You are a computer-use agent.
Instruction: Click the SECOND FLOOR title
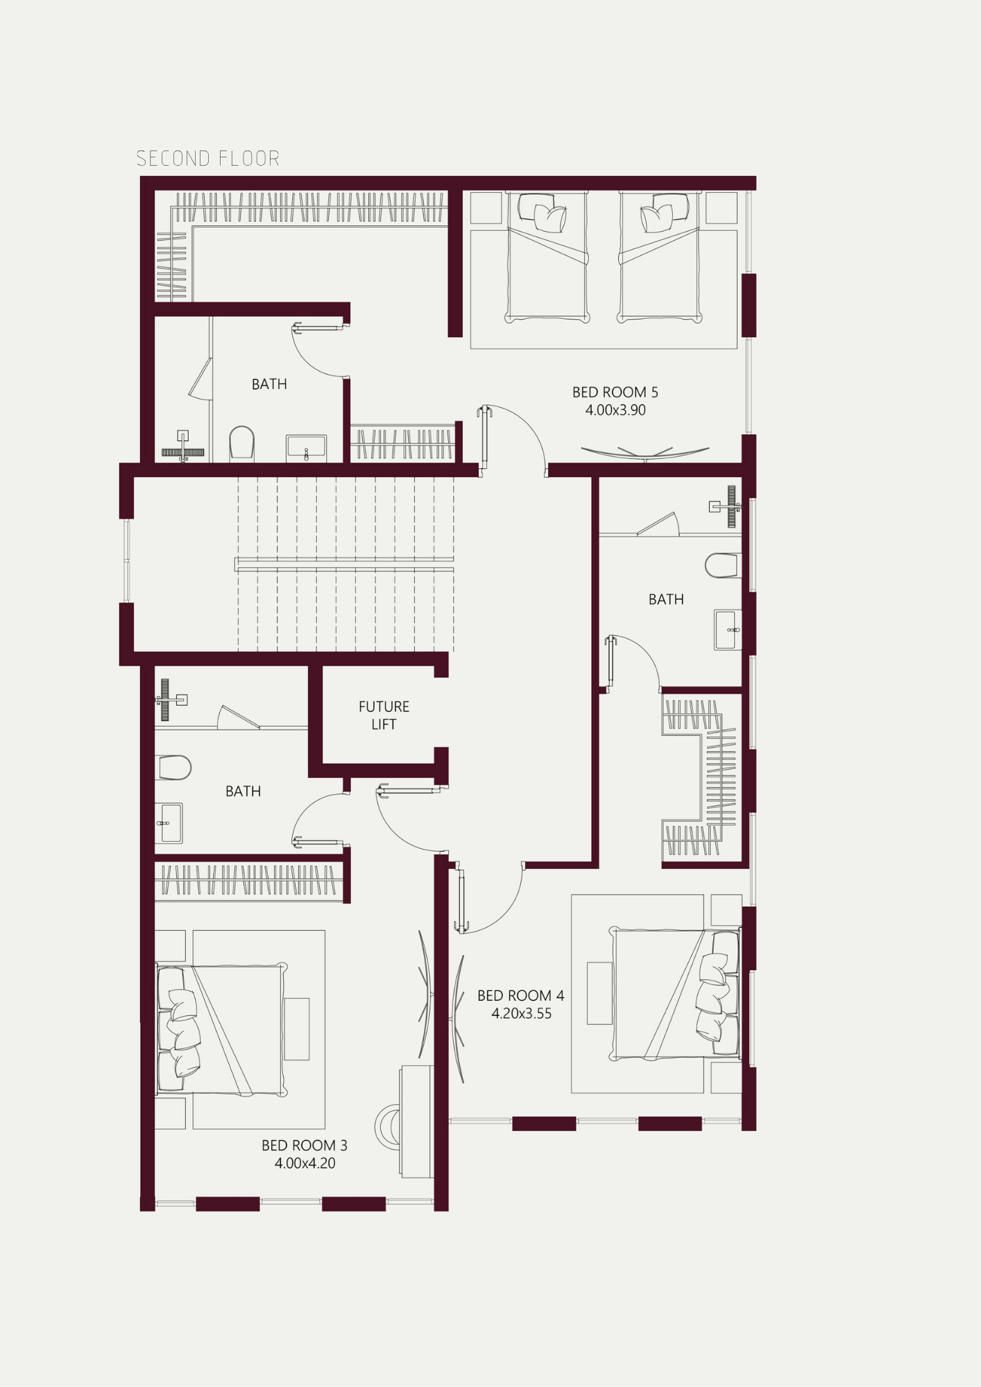[207, 159]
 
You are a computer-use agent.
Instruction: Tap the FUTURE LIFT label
[384, 715]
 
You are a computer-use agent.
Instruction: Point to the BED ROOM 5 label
[615, 392]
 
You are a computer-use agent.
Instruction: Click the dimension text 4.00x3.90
[615, 410]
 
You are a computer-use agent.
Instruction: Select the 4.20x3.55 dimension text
[522, 1013]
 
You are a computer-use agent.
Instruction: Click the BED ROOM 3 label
[305, 1145]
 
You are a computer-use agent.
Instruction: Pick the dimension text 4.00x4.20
[305, 1163]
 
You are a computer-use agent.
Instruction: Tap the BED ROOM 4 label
[520, 995]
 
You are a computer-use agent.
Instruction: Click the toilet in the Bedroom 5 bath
[241, 442]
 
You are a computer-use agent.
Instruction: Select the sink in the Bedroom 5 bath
[306, 447]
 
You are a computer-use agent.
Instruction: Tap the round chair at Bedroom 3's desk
[388, 1127]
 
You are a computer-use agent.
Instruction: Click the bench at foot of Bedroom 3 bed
[296, 1028]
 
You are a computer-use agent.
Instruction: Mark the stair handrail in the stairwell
[344, 564]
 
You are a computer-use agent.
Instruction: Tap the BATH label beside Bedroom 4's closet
[666, 599]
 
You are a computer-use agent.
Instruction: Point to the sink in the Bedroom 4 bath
[727, 630]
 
